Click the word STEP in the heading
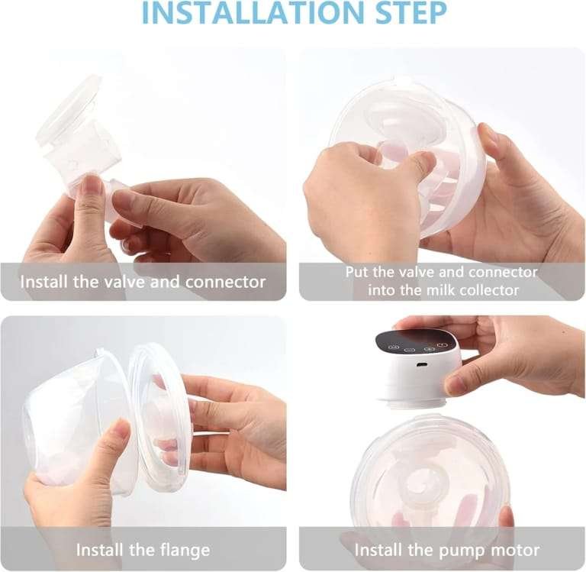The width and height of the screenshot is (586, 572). pyautogui.click(x=411, y=12)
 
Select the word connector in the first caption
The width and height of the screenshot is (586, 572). pyautogui.click(x=226, y=282)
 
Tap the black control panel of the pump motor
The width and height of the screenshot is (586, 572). pyautogui.click(x=416, y=341)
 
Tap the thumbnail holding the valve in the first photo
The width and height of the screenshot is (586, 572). pyautogui.click(x=92, y=185)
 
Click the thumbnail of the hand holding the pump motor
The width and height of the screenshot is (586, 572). pyautogui.click(x=454, y=383)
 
